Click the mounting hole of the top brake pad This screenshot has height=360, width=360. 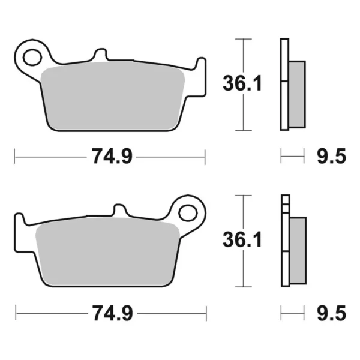32,57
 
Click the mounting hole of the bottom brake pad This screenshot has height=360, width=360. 188,213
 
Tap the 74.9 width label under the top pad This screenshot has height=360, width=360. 112,157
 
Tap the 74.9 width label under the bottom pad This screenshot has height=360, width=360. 113,313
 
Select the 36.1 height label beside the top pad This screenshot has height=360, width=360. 242,83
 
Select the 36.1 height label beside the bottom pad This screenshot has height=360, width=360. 242,239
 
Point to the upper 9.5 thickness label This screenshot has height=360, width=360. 331,157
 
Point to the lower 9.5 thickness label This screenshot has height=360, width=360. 331,313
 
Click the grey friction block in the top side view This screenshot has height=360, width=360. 297,94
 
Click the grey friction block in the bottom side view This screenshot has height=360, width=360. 298,251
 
